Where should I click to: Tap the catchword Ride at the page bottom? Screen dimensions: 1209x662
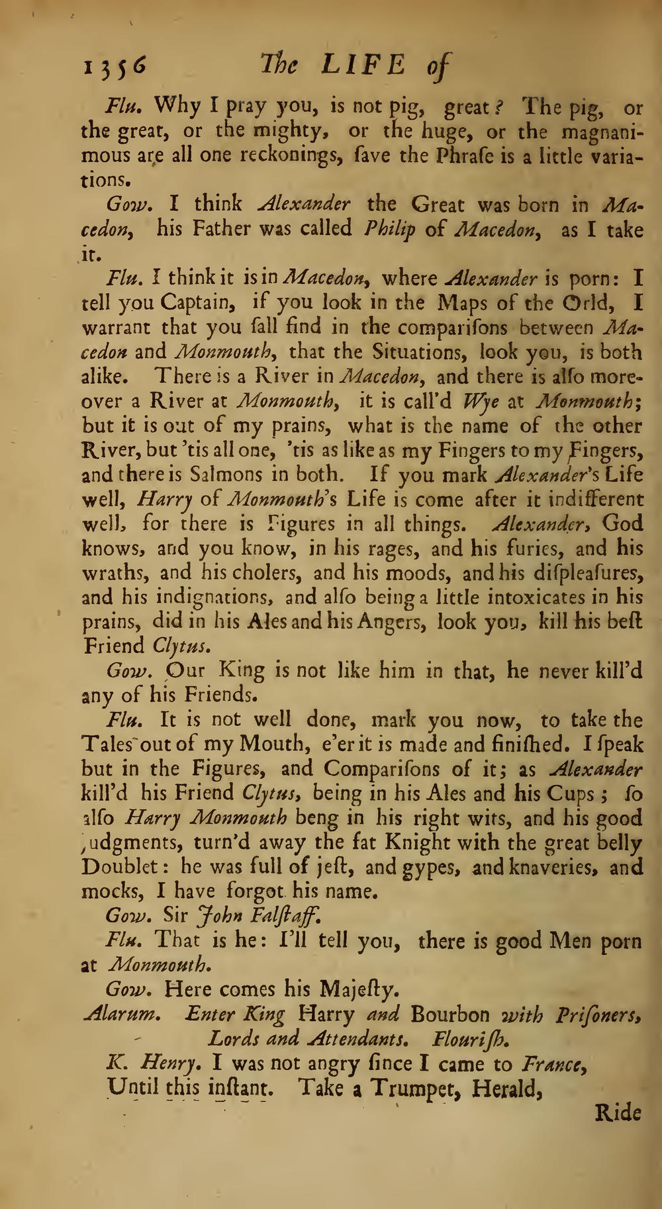(618, 1113)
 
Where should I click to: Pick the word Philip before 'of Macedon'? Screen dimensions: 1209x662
(389, 230)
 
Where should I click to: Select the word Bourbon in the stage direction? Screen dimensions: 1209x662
(450, 1014)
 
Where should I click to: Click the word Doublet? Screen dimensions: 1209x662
(123, 867)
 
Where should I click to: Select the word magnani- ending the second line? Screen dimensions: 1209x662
(602, 132)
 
